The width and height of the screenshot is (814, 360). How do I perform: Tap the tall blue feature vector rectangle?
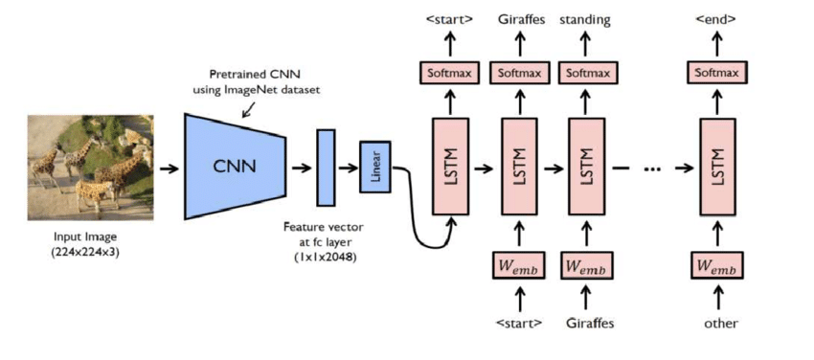[326, 168]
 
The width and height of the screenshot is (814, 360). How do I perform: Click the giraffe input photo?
[90, 164]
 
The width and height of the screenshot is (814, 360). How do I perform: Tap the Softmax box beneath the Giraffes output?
[518, 72]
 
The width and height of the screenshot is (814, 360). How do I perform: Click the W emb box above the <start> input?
[518, 265]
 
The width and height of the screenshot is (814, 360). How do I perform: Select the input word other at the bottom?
[720, 323]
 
